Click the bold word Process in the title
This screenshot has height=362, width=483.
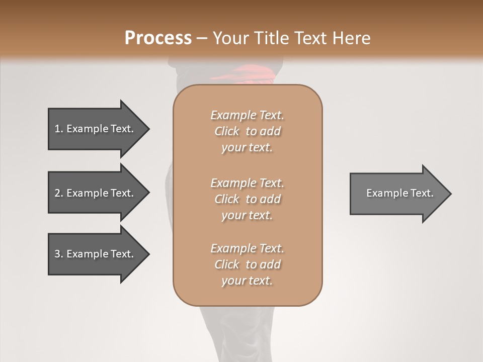point(158,38)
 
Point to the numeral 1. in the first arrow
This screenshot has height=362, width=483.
point(58,129)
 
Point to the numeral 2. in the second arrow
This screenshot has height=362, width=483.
point(58,193)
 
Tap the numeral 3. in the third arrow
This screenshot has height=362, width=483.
point(58,254)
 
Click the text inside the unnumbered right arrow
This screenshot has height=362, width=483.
point(399,193)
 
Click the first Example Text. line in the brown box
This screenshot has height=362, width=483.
point(247,115)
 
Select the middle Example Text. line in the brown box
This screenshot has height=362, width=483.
point(247,183)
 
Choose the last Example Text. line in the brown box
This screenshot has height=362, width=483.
point(247,248)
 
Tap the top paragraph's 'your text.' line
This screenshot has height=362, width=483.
point(247,148)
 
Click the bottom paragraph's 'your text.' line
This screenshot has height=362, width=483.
point(247,281)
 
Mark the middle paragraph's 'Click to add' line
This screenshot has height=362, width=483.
point(247,199)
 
